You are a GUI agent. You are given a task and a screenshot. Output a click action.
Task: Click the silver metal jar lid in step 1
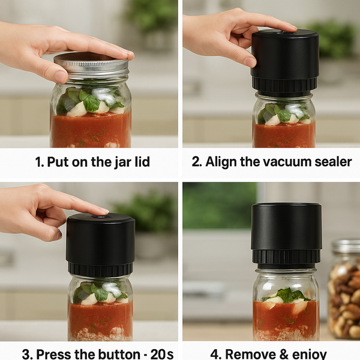(91, 65)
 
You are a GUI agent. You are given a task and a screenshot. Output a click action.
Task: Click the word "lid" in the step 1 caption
(142, 161)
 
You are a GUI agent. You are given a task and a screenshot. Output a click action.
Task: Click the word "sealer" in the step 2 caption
(333, 161)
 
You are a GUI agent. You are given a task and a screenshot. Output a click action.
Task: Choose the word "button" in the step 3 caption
(118, 354)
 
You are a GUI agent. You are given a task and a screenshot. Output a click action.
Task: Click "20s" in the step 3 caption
(162, 354)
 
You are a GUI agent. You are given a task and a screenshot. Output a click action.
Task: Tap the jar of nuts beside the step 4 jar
(344, 289)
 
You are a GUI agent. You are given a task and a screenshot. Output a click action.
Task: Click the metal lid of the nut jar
(346, 247)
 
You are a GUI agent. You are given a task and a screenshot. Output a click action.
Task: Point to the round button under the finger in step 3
(100, 216)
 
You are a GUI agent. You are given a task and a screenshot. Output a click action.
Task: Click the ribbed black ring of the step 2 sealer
(284, 84)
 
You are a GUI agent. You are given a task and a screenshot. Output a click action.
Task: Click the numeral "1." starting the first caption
(40, 162)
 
